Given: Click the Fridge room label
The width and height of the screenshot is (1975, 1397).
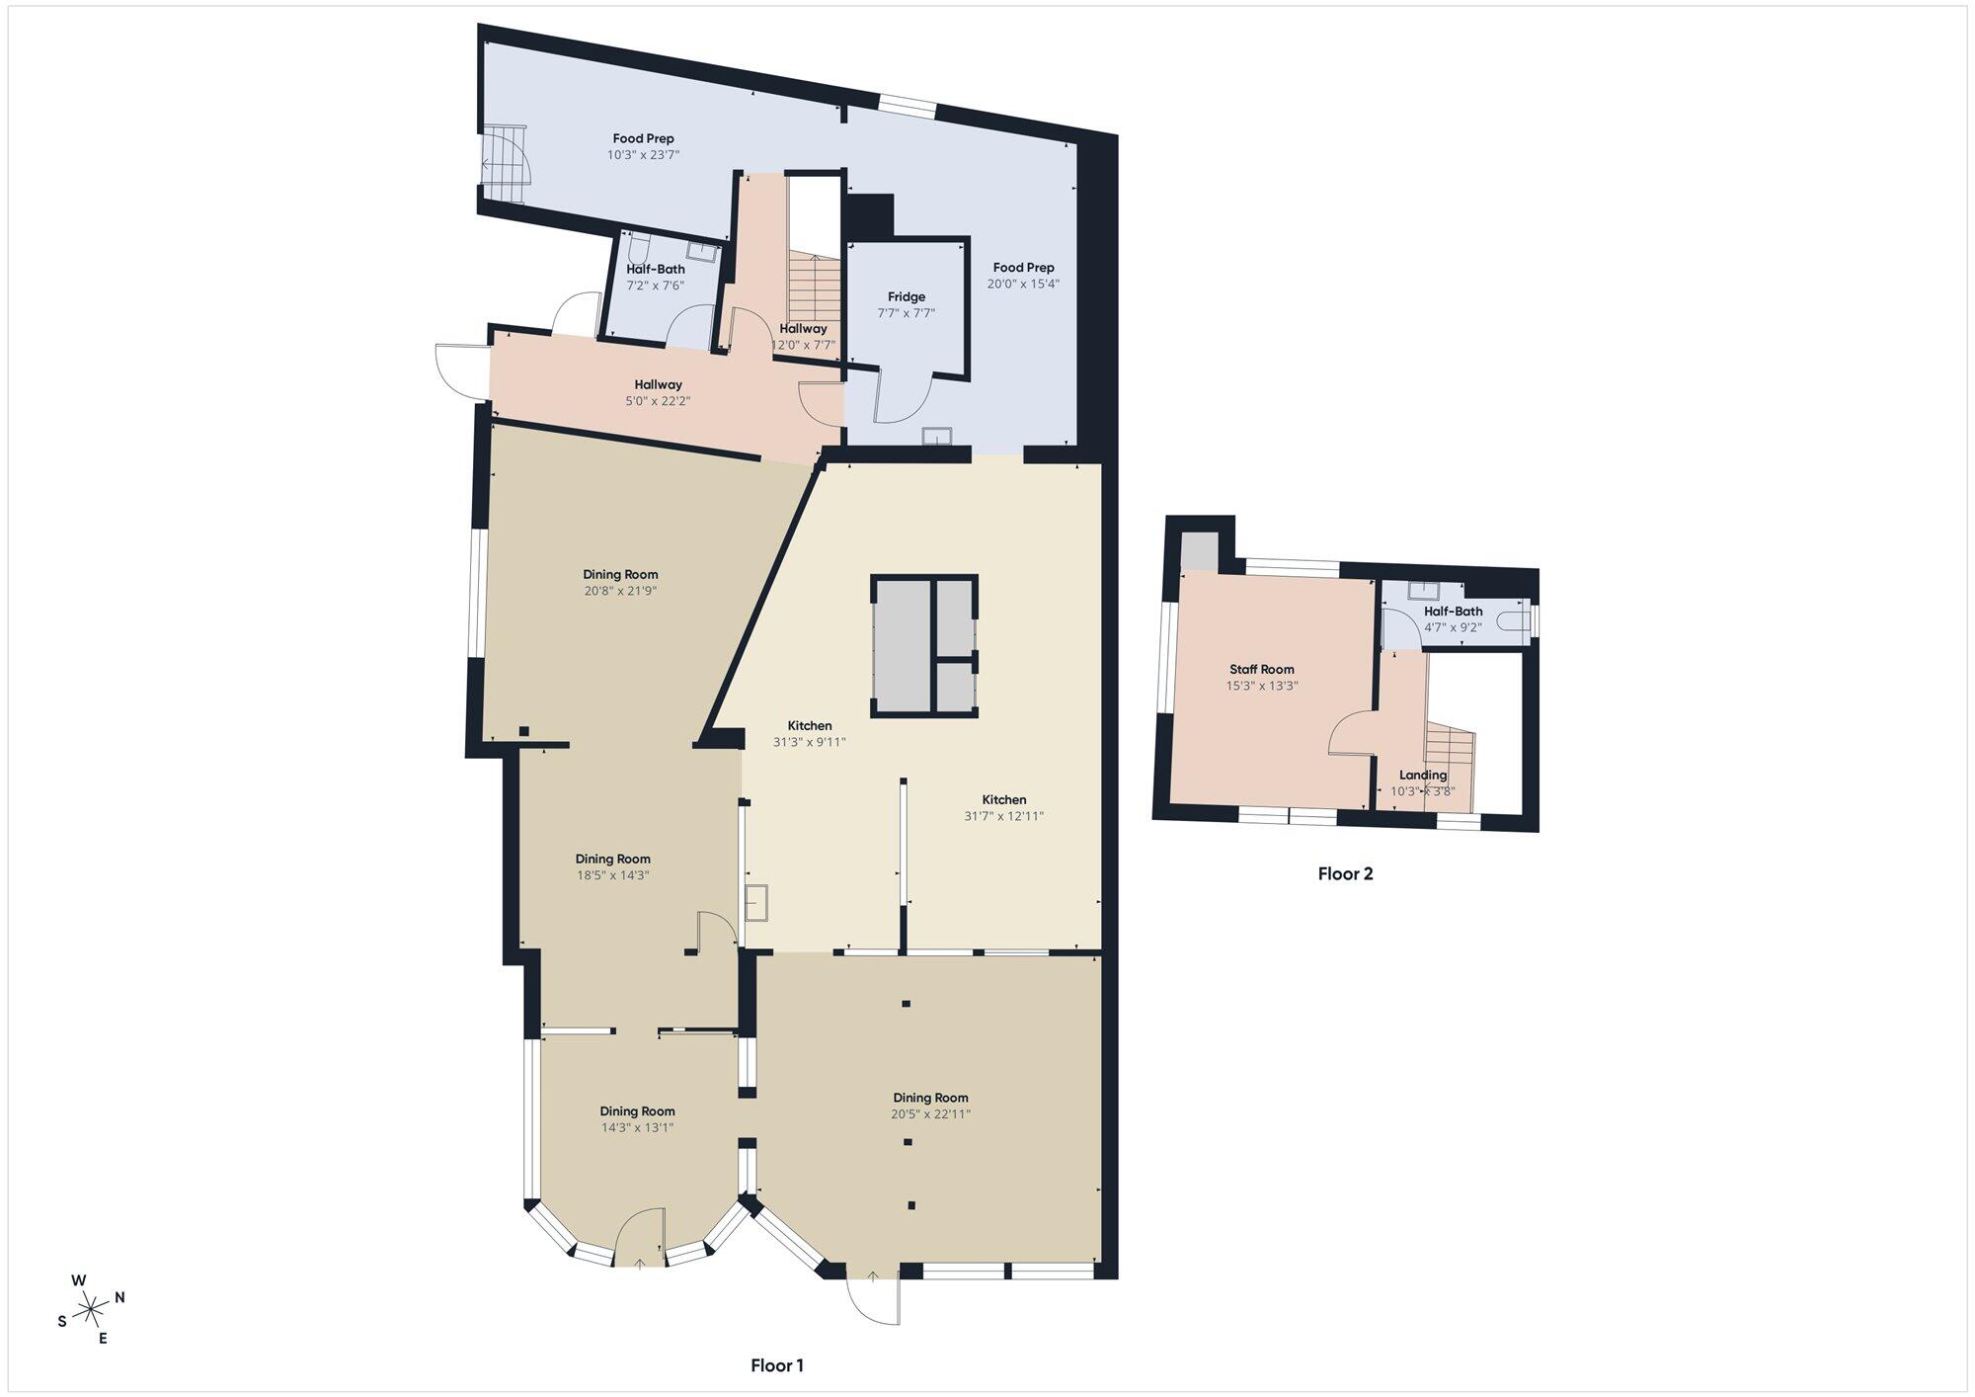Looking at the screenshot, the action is [x=907, y=296].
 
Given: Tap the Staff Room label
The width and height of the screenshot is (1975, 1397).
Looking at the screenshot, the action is [x=1261, y=669].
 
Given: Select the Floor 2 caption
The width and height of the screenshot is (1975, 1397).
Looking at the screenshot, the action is [x=1345, y=873].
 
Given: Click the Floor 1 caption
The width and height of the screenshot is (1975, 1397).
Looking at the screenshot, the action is [x=777, y=1365].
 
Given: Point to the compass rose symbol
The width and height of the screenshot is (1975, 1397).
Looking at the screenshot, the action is [x=91, y=1309].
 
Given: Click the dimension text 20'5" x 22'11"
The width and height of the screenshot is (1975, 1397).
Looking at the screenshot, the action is [x=930, y=1113].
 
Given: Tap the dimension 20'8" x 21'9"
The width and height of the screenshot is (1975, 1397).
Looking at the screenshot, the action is [x=620, y=591].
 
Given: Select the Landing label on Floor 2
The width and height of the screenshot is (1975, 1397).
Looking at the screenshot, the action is [x=1423, y=775].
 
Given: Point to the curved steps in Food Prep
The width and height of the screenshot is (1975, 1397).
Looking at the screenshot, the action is [x=506, y=164].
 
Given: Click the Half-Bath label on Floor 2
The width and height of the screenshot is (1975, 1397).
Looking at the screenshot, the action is [x=1453, y=611].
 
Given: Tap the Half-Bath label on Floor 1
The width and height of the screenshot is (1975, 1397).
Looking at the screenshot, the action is [x=656, y=269].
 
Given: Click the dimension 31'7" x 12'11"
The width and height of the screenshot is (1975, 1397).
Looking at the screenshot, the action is [x=1003, y=816].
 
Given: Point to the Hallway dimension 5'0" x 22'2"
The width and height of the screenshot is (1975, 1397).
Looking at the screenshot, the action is [x=658, y=401].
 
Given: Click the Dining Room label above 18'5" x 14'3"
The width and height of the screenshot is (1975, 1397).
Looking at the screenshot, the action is [x=612, y=859].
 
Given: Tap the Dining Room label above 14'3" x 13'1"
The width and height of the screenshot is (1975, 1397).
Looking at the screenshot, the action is [x=637, y=1110].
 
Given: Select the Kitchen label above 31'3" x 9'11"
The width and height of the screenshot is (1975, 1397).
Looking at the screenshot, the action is [x=809, y=725].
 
